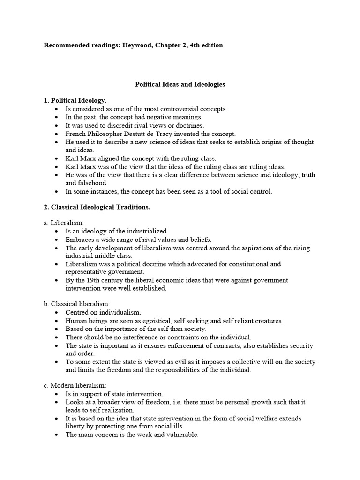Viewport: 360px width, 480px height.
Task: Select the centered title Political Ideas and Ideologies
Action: click(180, 85)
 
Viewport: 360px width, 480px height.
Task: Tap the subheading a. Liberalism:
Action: click(64, 223)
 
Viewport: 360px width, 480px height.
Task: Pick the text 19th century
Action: click(96, 280)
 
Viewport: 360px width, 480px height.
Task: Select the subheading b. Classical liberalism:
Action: click(77, 304)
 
